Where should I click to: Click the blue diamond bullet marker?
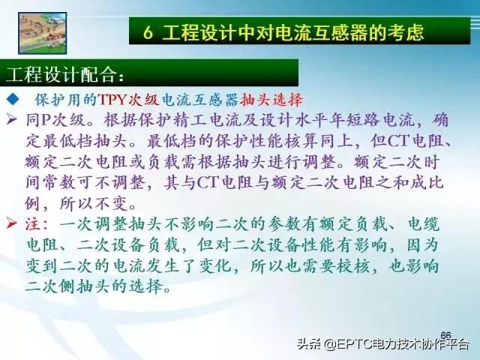point(13,99)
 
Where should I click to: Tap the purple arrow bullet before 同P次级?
point(11,118)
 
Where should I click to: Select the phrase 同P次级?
point(55,118)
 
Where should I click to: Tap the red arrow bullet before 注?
point(11,223)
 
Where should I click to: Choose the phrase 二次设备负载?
point(142,244)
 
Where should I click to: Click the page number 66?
point(445,334)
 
